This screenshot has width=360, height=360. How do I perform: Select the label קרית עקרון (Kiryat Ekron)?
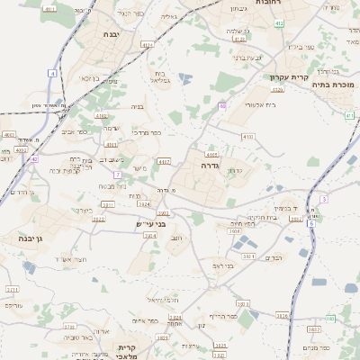(289, 76)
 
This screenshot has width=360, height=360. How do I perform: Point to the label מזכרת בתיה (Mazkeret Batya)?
(336, 85)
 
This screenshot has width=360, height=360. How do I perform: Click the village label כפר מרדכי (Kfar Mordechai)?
(146, 132)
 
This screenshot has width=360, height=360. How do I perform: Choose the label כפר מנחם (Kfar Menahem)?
(319, 348)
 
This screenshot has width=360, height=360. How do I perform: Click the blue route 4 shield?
(53, 73)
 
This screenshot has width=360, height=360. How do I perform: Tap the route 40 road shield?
(221, 105)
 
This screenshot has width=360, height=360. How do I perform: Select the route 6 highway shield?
(310, 223)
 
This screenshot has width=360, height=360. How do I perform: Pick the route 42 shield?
(34, 158)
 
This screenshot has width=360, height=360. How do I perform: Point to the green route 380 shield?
(330, 319)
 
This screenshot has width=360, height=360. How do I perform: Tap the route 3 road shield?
(324, 198)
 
